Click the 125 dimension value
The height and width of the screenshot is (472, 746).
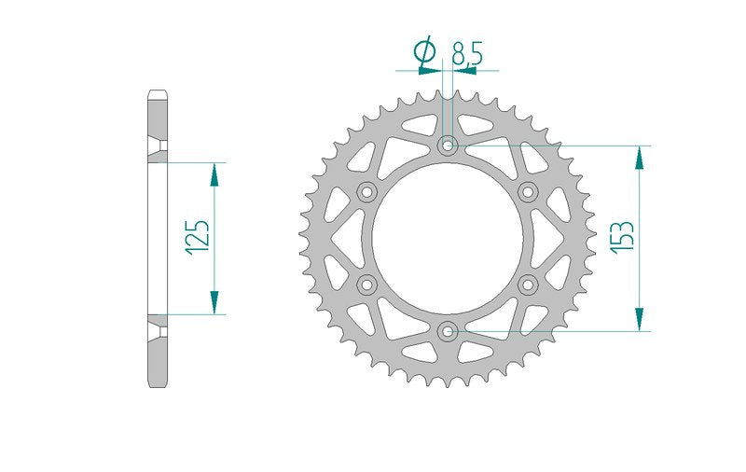click(x=198, y=238)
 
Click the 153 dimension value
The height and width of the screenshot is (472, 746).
click(x=624, y=238)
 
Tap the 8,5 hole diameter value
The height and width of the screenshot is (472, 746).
click(x=467, y=53)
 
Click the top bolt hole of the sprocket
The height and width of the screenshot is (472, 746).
click(x=448, y=146)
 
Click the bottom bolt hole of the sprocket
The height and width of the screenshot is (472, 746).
click(x=448, y=331)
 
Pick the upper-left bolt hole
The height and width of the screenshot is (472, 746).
click(x=366, y=192)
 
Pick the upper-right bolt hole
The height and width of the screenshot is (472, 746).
click(x=528, y=192)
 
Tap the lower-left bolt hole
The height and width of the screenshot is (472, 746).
click(x=366, y=285)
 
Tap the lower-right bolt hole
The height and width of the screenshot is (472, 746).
click(x=528, y=285)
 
